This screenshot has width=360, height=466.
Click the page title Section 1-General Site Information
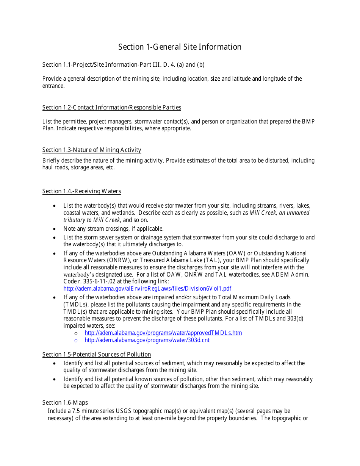pyautogui.click(x=180, y=47)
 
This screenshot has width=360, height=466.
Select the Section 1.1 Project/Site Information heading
pyautogui.click(x=123, y=65)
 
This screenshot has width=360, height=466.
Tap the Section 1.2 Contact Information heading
pyautogui.click(x=111, y=108)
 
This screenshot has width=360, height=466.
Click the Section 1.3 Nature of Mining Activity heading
pyautogui.click(x=92, y=150)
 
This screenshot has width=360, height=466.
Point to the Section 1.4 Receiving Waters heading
pyautogui.click(x=81, y=191)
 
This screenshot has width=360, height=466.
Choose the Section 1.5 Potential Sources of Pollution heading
pyautogui.click(x=96, y=355)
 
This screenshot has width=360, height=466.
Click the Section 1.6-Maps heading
pyautogui.click(x=65, y=403)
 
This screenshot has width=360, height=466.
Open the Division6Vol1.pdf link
pyautogui.click(x=147, y=289)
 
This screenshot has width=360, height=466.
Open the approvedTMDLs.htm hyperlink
pyautogui.click(x=163, y=333)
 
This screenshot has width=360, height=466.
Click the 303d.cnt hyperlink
pyautogui.click(x=147, y=340)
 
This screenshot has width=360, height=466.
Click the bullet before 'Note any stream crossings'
pyautogui.click(x=55, y=229)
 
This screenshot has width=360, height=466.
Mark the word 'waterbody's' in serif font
pyautogui.click(x=78, y=274)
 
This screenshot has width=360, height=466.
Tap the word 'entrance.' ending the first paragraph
pyautogui.click(x=53, y=86)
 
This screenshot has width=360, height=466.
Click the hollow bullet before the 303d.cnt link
pyautogui.click(x=76, y=340)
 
